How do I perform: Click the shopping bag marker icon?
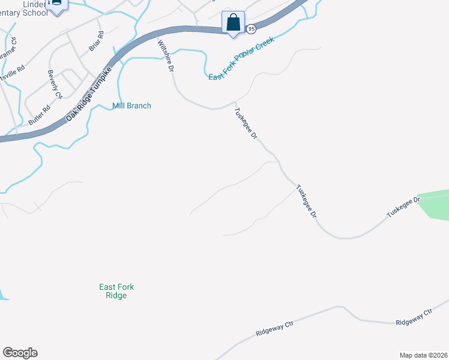tap(233, 23)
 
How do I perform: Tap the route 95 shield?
tap(252, 29)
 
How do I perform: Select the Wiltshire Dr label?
tap(165, 56)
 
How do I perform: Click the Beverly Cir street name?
tap(55, 85)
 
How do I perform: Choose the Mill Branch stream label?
tap(132, 106)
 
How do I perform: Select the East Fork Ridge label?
tap(113, 291)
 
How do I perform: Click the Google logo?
tap(20, 353)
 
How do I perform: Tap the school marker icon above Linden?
tap(57, 5)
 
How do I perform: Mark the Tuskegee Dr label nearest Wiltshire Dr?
tap(246, 124)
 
